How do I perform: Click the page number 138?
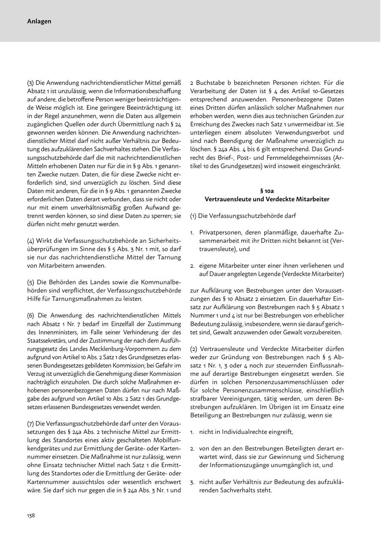coord(31,515)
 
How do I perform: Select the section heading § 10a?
coord(267,191)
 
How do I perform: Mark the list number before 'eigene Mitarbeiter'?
coord(192,266)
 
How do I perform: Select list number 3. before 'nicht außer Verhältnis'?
coord(192,482)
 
